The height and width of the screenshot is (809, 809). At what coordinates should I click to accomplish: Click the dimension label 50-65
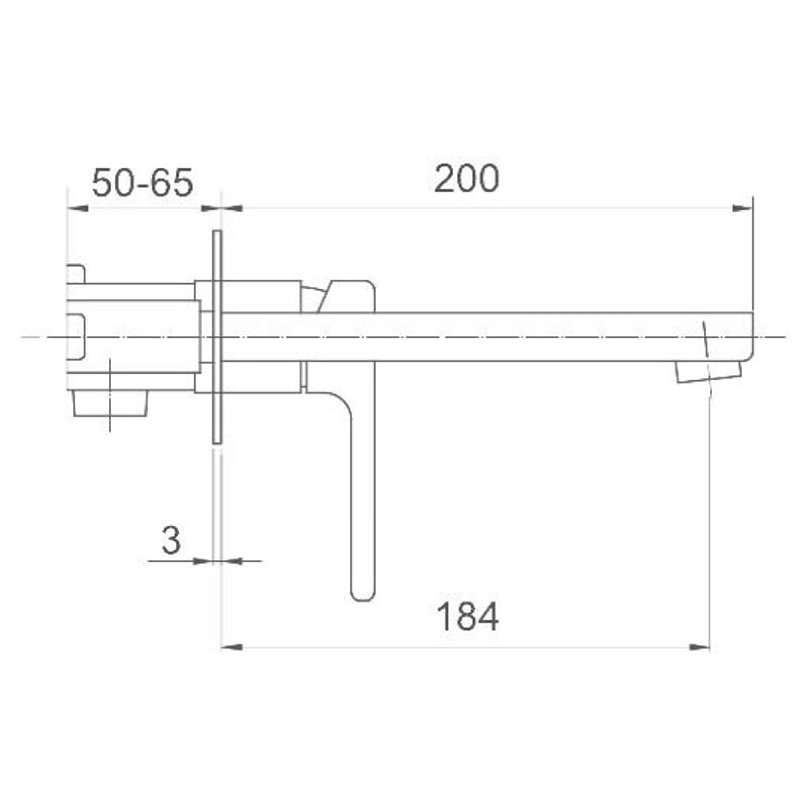tap(142, 183)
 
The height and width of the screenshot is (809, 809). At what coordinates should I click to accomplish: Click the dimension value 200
tap(466, 179)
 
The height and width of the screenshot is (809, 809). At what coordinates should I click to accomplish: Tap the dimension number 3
tap(171, 540)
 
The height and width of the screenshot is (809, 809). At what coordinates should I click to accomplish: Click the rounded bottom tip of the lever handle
tap(362, 595)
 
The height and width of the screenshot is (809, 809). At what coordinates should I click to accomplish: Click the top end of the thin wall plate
tap(216, 234)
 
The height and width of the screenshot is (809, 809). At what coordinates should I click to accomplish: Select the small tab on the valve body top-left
tap(76, 274)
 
